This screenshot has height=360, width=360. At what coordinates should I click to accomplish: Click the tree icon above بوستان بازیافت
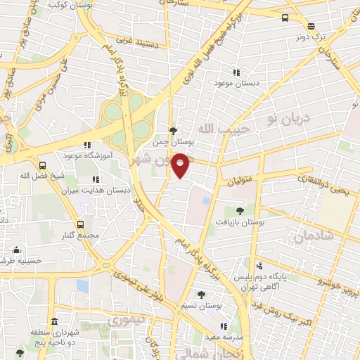coord(240,210)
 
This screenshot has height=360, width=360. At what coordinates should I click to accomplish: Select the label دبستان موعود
coord(236,84)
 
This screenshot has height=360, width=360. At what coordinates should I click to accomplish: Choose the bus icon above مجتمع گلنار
coord(81,224)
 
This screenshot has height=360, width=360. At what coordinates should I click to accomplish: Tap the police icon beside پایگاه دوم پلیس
coord(259,266)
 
